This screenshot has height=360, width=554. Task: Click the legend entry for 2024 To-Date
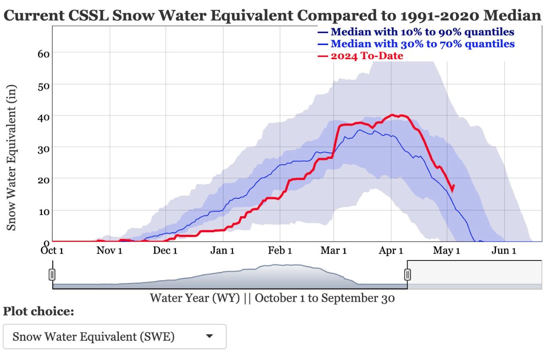tap(366, 56)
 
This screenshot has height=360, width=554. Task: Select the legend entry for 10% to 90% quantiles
tap(422, 32)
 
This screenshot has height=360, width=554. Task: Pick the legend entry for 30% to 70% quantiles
tap(422, 44)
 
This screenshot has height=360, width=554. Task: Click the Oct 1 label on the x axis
tap(52, 251)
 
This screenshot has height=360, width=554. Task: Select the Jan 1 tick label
tap(222, 251)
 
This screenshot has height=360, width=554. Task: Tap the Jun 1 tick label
tap(503, 251)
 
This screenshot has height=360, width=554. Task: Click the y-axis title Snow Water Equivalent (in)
tap(12, 158)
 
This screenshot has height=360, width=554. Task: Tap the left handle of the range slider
tap(52, 274)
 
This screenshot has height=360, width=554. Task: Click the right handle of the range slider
tap(407, 274)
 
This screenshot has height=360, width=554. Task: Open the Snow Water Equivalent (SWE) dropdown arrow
tap(210, 337)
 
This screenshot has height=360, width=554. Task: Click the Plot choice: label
tap(39, 312)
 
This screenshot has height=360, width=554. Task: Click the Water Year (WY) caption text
tap(195, 298)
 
